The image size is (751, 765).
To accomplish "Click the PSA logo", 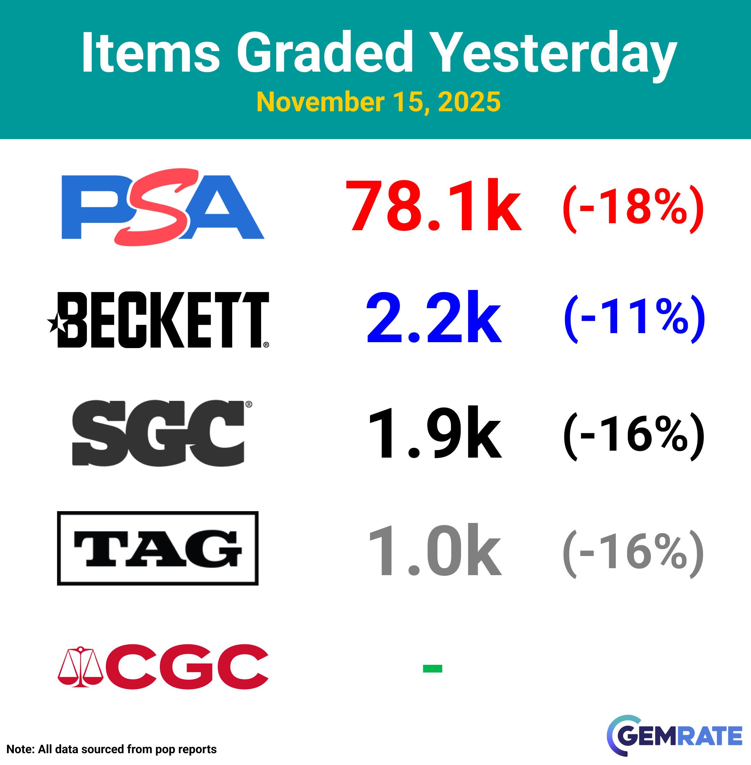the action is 163,207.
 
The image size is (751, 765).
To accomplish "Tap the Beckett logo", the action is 158,320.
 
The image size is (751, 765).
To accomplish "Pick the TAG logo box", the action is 158,548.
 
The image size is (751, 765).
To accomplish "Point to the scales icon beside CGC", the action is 80,667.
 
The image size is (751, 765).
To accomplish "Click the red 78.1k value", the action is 434,205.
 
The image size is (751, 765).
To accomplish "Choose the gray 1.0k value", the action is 435,549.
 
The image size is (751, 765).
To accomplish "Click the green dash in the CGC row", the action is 432,668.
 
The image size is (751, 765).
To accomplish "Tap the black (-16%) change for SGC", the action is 633,436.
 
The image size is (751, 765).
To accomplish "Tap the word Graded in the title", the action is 325,52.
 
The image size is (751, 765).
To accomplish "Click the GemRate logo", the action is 675,736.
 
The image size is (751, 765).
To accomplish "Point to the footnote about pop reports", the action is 112,749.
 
